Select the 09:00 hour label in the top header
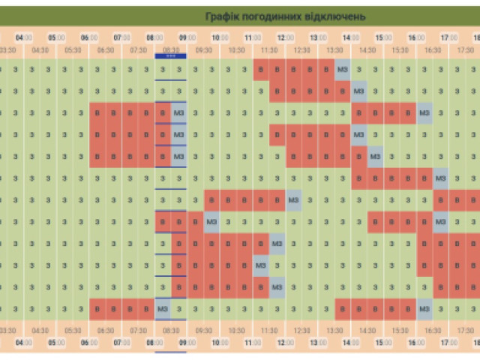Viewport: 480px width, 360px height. pyautogui.click(x=188, y=37)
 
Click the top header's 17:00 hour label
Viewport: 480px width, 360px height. pyautogui.click(x=449, y=37)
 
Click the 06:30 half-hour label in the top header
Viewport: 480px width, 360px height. pyautogui.click(x=106, y=50)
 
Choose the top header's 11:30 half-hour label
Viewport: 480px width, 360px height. pyautogui.click(x=269, y=50)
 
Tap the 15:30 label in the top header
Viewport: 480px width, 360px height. pyautogui.click(x=400, y=50)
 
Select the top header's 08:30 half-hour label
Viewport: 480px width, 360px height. pyautogui.click(x=171, y=50)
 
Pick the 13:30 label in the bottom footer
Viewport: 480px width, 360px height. pyautogui.click(x=334, y=329)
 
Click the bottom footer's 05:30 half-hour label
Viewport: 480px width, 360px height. pyautogui.click(x=73, y=329)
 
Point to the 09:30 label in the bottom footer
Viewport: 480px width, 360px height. pyautogui.click(x=204, y=329)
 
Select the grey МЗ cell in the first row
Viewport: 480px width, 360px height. pyautogui.click(x=343, y=70)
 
